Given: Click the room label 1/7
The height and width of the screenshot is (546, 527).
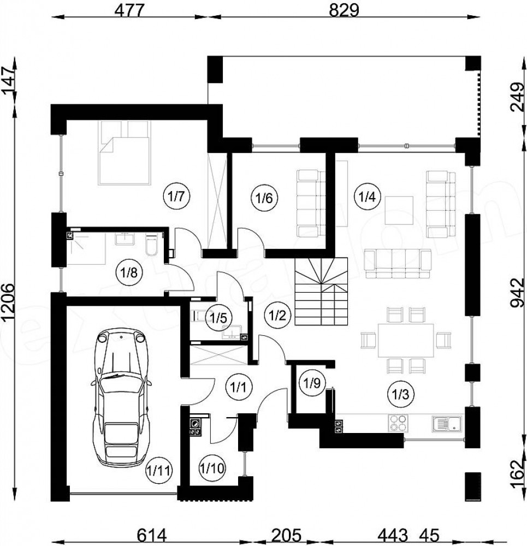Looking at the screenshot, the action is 176,197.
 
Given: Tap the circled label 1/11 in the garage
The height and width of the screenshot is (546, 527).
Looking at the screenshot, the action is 159,471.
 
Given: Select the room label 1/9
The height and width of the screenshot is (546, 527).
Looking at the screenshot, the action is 312,383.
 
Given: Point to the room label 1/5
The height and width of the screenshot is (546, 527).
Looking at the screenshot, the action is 218,318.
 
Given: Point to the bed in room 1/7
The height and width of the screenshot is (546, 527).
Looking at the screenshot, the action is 125,152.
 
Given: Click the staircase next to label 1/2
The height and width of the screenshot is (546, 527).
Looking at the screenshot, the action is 321,291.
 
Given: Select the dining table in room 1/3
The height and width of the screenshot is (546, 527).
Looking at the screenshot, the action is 406,340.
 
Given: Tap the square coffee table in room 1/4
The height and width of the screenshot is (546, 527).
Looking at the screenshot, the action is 399,210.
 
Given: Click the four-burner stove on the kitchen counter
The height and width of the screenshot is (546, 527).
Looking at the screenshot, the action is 398,423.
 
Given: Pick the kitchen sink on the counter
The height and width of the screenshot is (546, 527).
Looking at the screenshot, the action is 446,423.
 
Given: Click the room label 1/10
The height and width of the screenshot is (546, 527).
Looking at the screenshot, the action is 212,468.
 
